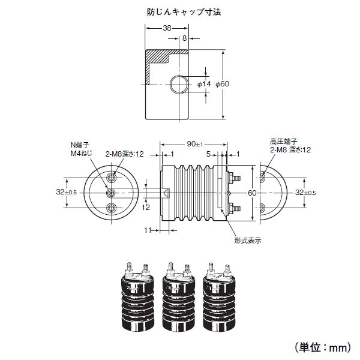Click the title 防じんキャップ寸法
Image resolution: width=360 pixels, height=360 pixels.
point(180,11)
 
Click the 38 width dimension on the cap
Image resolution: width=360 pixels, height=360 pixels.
point(167,28)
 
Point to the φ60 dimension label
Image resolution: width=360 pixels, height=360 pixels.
point(223,84)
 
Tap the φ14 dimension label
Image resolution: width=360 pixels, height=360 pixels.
point(204,84)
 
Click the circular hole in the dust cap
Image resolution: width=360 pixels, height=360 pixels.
point(178,84)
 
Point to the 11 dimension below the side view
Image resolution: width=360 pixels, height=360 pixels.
point(148,230)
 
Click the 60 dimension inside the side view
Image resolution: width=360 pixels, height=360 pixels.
point(252,193)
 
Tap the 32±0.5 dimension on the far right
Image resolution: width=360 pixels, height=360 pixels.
point(307,193)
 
